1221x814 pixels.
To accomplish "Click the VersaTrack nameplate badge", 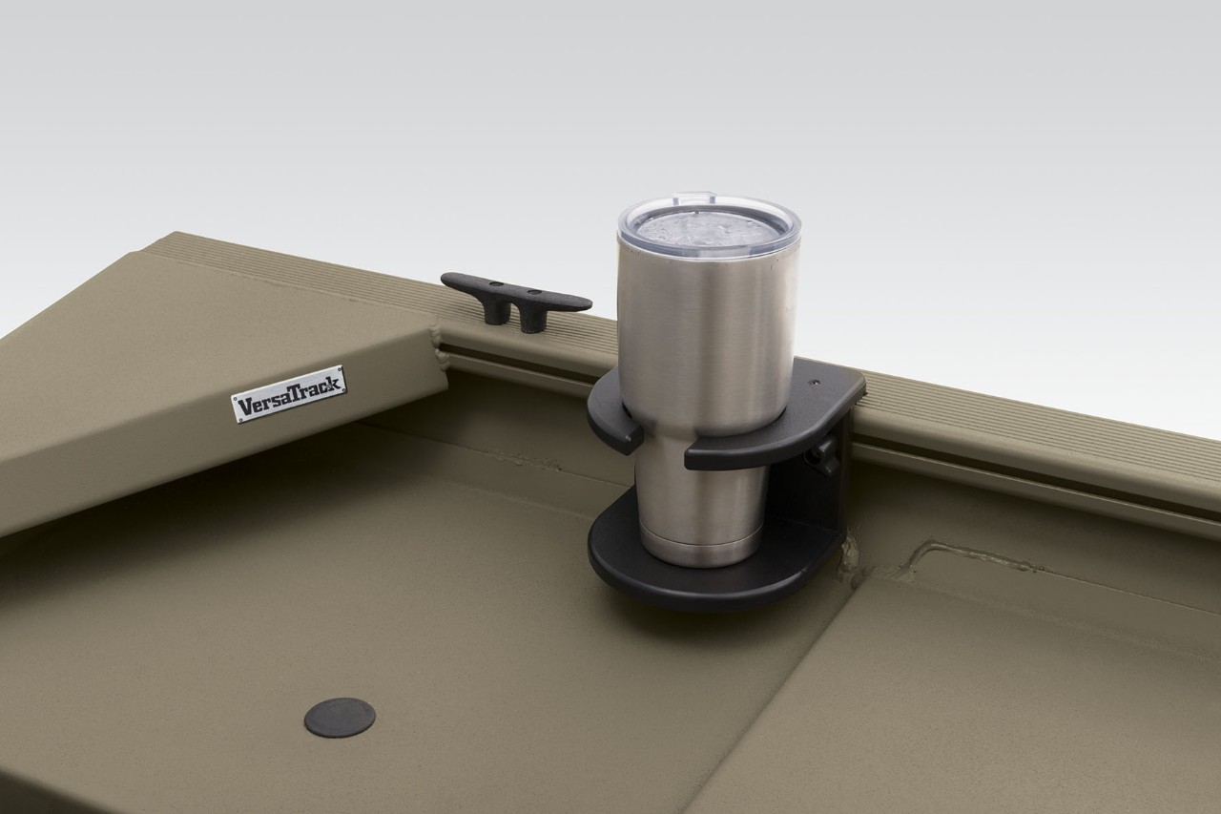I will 289,393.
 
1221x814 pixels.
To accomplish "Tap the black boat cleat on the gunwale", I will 515,296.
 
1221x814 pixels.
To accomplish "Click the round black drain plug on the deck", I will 340,717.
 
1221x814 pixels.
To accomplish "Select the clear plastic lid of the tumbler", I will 709,226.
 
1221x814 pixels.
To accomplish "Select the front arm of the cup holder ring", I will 754,447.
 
